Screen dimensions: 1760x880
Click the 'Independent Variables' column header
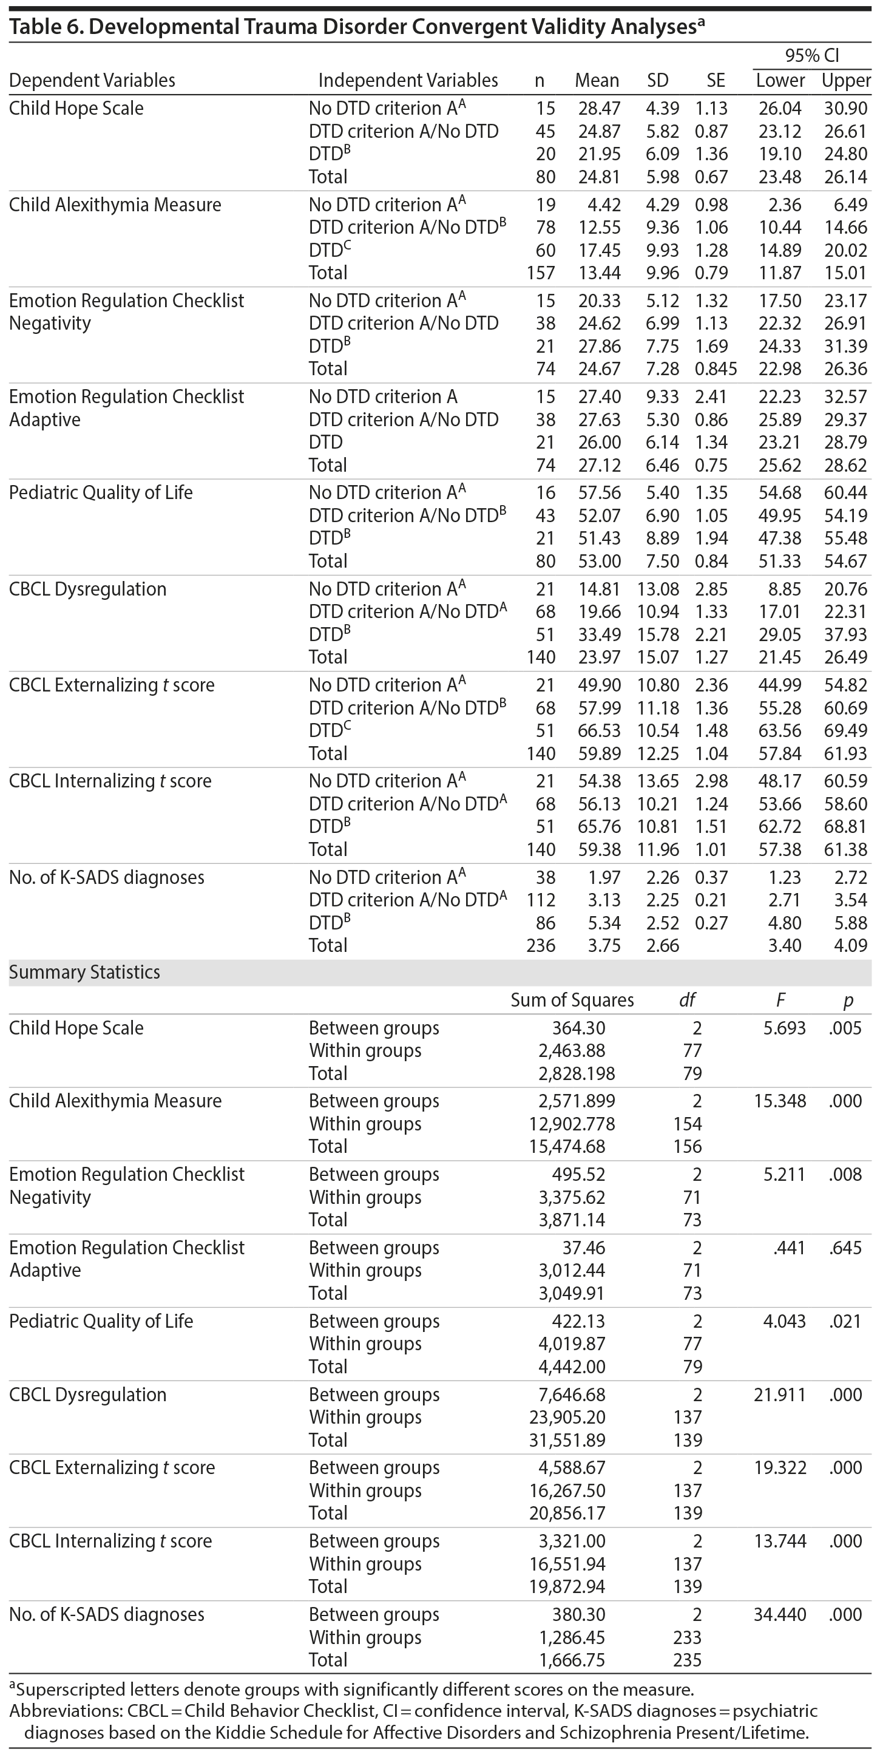pos(408,81)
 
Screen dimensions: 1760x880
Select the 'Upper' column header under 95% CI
pos(846,81)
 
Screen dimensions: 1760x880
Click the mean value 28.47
pos(597,108)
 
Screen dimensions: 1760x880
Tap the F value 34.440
pos(780,1614)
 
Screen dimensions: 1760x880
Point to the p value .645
pos(846,1248)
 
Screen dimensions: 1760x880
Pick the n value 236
pos(541,946)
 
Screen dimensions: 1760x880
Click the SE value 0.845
pos(716,369)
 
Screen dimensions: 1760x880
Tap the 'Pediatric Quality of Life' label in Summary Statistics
pos(101,1322)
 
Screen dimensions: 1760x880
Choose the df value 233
pos(688,1638)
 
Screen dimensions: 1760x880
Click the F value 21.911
pos(780,1395)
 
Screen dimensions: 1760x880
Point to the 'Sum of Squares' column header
pos(572,1001)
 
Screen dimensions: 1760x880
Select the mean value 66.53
pos(597,730)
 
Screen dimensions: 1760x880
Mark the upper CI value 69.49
pos(846,730)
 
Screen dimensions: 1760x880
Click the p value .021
pos(846,1322)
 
